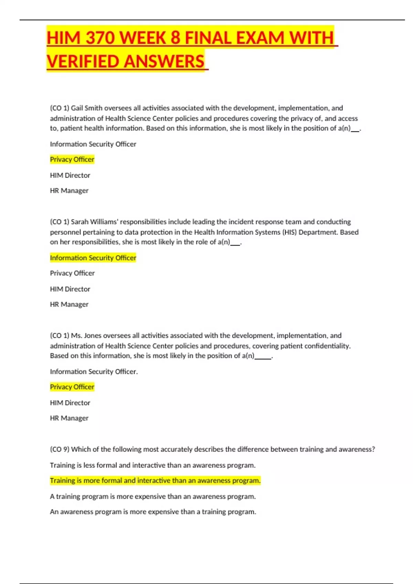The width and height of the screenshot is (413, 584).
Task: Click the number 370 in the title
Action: click(x=100, y=38)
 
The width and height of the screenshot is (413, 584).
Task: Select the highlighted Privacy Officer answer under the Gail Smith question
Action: click(x=72, y=159)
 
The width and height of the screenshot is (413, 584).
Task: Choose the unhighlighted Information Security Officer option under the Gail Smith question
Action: click(x=93, y=144)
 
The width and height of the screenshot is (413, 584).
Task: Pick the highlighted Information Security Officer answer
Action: click(x=93, y=258)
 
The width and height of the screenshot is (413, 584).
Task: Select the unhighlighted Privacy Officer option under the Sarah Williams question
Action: click(x=72, y=273)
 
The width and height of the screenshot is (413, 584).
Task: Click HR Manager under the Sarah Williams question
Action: click(x=69, y=304)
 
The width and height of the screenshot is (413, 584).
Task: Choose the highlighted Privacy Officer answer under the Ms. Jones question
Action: click(x=72, y=387)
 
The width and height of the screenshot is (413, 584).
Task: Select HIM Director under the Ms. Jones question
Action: click(x=70, y=403)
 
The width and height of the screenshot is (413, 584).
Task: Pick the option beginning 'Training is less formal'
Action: click(x=152, y=465)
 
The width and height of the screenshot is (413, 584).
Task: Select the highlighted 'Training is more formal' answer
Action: click(x=155, y=481)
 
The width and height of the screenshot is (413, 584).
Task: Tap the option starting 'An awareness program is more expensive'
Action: click(x=153, y=512)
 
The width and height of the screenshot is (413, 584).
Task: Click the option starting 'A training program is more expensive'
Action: click(x=152, y=497)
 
